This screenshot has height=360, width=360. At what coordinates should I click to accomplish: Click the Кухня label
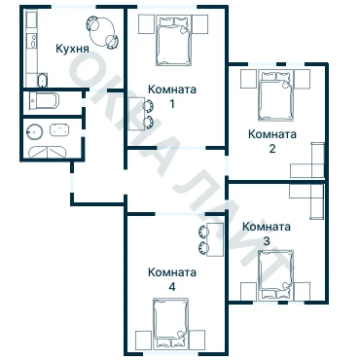pos(72,49)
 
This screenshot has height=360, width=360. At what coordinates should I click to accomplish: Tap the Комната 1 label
pos(172,96)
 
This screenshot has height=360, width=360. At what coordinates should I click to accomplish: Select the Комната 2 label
pos(272,141)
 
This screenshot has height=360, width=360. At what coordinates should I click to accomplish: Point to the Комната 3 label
pos(267,234)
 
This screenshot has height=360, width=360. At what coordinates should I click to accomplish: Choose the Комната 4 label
pos(172,279)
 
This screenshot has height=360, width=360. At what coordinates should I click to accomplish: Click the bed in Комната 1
pos(173,41)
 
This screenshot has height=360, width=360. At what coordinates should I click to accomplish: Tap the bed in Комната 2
pos(275,96)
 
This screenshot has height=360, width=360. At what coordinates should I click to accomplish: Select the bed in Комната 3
pos(276,274)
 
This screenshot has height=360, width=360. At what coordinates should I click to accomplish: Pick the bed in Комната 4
pos(171,324)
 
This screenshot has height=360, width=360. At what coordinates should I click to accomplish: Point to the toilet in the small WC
pos(44,101)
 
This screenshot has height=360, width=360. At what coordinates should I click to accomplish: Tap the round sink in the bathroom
pos(35,132)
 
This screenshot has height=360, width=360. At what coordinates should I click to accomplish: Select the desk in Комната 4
pos(215,239)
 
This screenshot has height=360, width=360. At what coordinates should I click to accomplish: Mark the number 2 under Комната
pos(272,149)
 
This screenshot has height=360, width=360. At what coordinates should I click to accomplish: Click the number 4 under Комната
pos(172,287)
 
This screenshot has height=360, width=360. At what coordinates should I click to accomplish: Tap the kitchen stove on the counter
pos(33,41)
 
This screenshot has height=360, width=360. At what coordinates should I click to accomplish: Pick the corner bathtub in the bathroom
pos(48,152)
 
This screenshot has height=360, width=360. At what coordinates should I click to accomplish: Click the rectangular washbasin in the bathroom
pos(59,129)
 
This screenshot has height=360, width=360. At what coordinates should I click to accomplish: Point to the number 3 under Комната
pos(267,241)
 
